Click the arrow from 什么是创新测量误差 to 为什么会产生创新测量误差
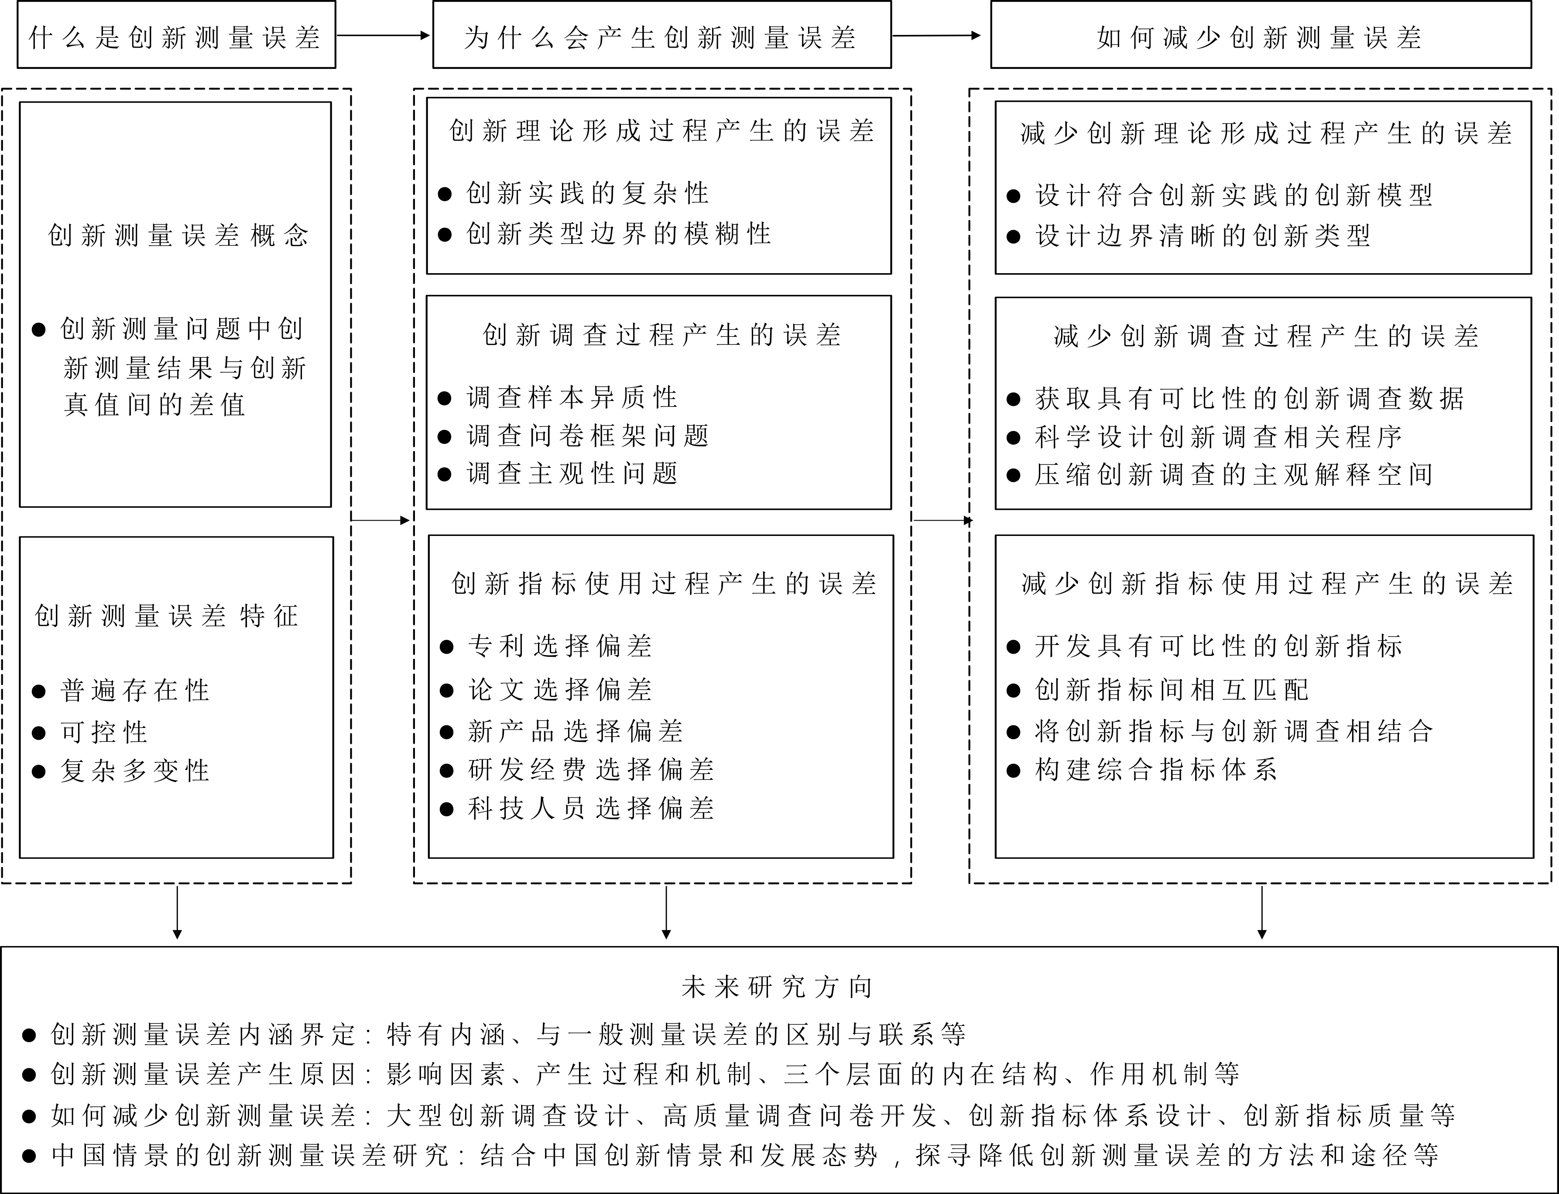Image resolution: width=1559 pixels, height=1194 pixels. tap(384, 35)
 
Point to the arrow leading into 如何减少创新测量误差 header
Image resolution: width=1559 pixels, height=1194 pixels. tap(936, 35)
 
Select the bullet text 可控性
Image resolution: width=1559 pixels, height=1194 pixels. tap(104, 732)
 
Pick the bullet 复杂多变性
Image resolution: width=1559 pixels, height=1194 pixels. tap(135, 770)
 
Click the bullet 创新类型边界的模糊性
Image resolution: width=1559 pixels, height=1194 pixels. tap(618, 233)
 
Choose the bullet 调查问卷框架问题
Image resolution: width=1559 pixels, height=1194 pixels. tap(588, 435)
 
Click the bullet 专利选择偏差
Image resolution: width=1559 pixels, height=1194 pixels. tap(560, 645)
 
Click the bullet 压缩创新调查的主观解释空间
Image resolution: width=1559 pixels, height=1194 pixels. tap(1233, 474)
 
